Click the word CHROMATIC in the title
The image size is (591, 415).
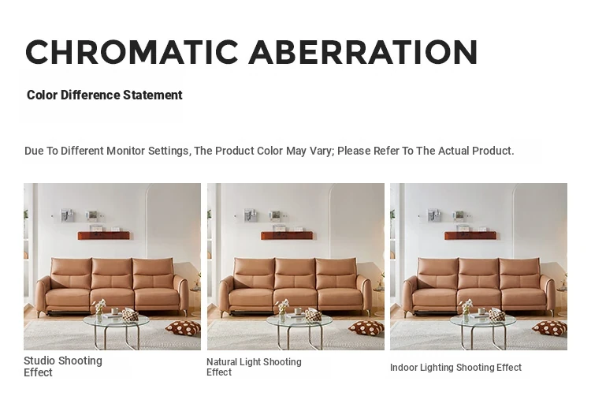pos(132,52)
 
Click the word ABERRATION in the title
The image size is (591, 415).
pos(363,52)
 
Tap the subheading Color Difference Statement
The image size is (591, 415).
pos(104,95)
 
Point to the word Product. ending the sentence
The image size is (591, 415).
pos(493,151)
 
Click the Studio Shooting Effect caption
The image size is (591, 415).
pos(63,366)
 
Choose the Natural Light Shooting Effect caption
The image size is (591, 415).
pos(254,367)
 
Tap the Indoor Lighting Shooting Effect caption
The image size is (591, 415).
pos(455,368)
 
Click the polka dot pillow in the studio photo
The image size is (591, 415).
pos(183,327)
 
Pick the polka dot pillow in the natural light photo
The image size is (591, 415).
pos(366,327)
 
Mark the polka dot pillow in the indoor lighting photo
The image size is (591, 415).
pos(549,327)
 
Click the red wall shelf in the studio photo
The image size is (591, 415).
pos(104,236)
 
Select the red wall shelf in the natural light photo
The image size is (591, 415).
pos(287,236)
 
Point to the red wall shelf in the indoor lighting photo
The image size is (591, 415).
pos(470,236)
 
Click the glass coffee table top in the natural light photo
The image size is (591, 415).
pos(299,320)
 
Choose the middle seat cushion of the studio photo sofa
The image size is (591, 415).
pos(112,298)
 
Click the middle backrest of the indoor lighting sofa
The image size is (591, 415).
pos(478,274)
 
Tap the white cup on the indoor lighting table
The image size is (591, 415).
pos(481,311)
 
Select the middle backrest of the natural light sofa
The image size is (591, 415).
pos(295,274)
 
